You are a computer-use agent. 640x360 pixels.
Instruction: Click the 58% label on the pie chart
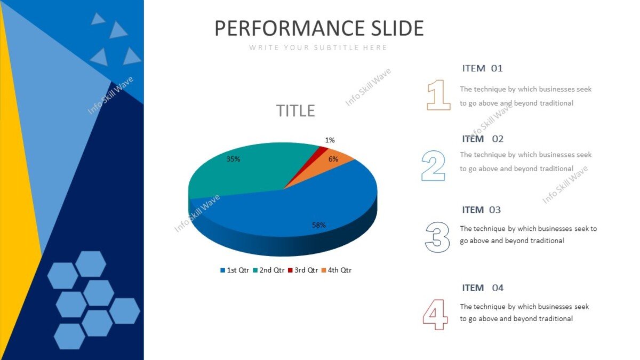(319, 225)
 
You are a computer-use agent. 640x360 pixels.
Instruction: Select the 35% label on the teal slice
(233, 159)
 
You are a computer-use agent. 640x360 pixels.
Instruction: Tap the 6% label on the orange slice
(333, 159)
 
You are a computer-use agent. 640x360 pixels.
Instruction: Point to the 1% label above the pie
(330, 140)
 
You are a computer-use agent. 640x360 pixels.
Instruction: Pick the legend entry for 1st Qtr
(235, 270)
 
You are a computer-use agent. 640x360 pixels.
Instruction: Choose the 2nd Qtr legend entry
(269, 270)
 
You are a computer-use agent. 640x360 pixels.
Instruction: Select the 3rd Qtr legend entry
(303, 270)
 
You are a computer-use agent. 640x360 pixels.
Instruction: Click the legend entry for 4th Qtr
(337, 270)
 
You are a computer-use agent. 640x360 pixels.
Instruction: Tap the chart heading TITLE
(295, 111)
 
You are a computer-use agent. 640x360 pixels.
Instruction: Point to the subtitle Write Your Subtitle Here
(318, 47)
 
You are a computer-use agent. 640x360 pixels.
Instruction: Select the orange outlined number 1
(438, 95)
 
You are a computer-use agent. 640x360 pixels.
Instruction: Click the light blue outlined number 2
(433, 165)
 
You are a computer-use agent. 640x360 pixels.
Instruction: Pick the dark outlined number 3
(437, 237)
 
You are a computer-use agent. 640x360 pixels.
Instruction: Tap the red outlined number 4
(435, 314)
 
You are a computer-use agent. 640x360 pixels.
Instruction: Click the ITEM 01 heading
(482, 68)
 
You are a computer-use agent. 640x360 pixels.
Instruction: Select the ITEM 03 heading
(482, 210)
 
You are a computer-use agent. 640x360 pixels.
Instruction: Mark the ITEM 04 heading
(483, 288)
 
